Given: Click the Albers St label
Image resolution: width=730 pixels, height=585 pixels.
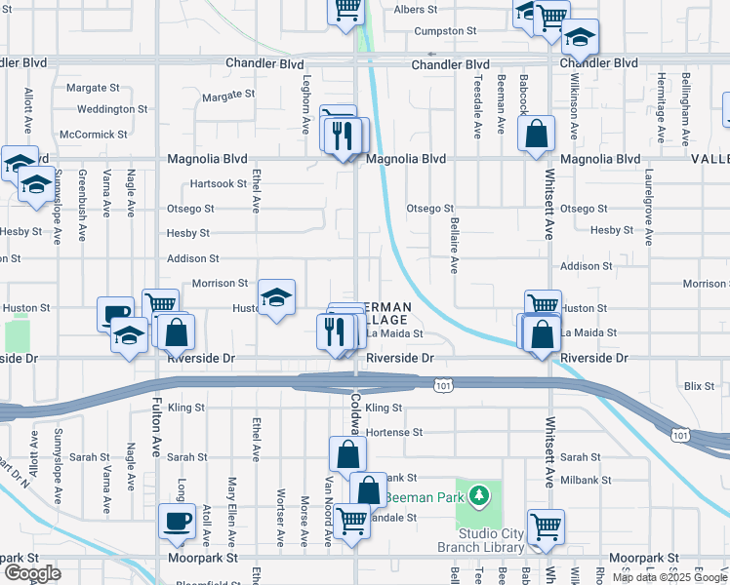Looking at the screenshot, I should [416, 10].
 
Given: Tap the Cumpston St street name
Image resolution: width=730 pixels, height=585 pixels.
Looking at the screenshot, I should [444, 31].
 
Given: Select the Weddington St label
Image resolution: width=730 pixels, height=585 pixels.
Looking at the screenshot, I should [111, 110].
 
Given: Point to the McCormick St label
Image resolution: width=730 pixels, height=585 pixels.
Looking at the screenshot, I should [94, 135].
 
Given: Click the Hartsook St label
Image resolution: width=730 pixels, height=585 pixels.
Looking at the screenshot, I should [218, 183].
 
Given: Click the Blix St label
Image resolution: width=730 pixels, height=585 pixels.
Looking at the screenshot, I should [699, 386].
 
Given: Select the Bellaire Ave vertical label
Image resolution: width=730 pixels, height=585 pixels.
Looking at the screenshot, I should [454, 245].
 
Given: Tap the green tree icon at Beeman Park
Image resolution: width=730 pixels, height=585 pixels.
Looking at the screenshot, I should [477, 497].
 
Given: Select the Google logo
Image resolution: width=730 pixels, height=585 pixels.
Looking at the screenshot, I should [32, 573].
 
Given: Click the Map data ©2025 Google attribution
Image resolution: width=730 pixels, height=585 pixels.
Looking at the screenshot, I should [669, 577].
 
